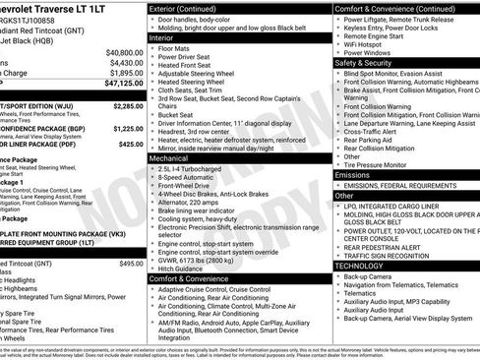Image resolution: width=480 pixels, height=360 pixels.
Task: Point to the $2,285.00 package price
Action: tap(128, 103)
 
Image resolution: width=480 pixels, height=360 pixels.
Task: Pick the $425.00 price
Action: tap(131, 144)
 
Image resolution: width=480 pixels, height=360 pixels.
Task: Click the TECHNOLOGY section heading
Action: tap(359, 266)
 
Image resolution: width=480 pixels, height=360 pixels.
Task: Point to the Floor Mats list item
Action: tap(174, 47)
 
